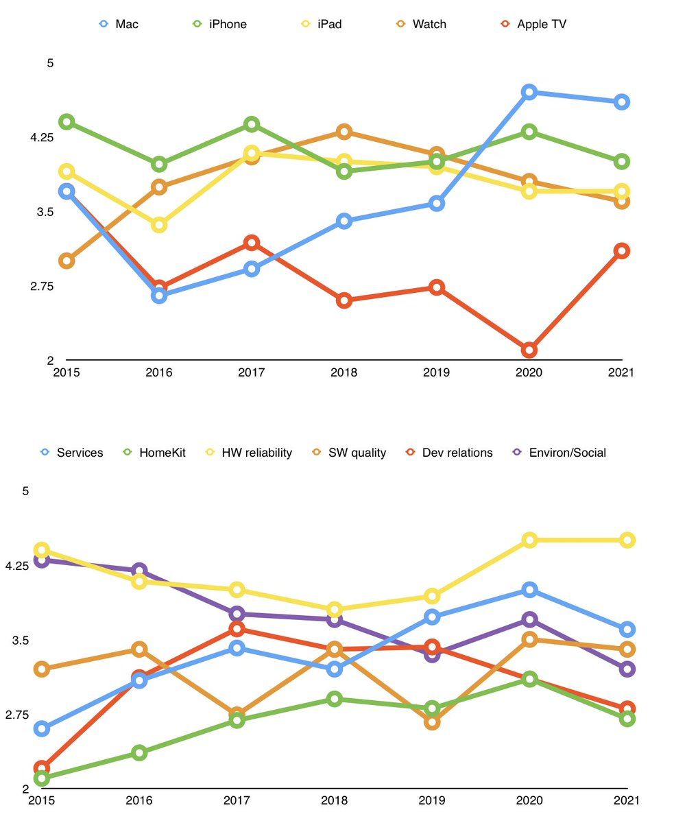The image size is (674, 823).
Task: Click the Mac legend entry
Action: (119, 24)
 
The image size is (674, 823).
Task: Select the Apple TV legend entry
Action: (533, 24)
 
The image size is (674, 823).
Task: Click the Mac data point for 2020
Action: (529, 92)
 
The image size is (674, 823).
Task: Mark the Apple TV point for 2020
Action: (529, 350)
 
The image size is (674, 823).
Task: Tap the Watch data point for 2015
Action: (67, 261)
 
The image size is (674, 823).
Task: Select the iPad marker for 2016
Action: (159, 224)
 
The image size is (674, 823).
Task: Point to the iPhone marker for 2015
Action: (67, 122)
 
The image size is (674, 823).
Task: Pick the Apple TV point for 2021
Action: (622, 250)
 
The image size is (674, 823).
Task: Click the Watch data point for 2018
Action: (344, 132)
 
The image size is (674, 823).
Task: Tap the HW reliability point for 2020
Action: (529, 540)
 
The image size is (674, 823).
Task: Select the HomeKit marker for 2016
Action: (139, 752)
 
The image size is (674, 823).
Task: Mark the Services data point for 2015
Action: (42, 728)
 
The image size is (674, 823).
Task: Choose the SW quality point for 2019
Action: (432, 721)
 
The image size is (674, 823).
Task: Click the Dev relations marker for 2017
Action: (237, 629)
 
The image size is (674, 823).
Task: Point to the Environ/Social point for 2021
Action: (627, 669)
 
